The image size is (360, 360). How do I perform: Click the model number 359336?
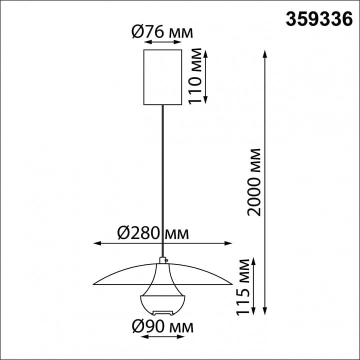[x=319, y=19]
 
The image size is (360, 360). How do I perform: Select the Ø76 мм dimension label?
[x=162, y=32]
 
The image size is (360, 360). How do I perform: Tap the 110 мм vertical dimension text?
[x=194, y=76]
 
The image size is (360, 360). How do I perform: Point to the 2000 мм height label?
[x=254, y=182]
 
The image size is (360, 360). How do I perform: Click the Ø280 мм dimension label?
[x=153, y=233]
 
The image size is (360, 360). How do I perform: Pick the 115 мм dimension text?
[x=242, y=287]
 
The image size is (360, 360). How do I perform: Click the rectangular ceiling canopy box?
[x=163, y=77]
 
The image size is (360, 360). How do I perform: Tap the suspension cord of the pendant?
[x=163, y=181]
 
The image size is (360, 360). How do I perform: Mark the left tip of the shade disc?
[x=93, y=284]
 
